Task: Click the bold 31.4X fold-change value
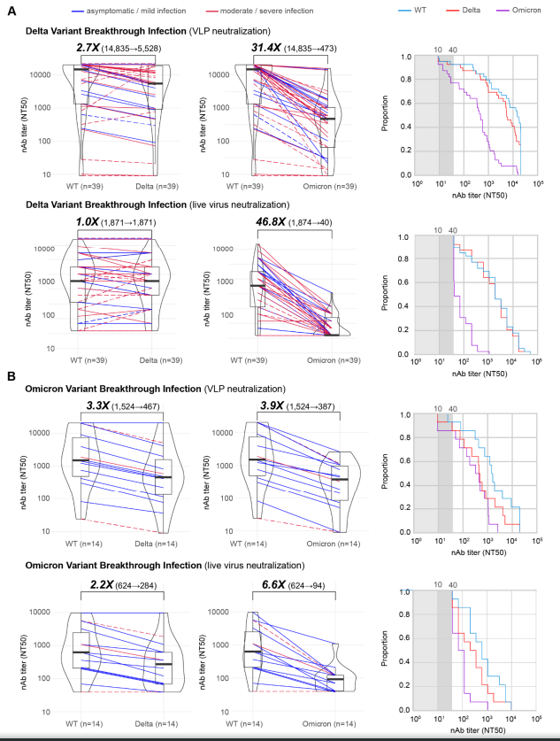tap(261, 47)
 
